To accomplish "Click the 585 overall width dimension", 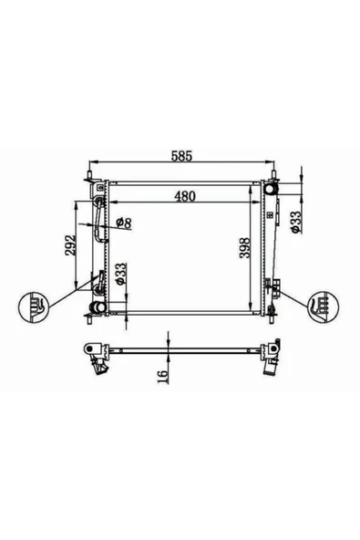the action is [181, 156].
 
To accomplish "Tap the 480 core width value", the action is [185, 196].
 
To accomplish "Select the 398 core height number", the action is [245, 247].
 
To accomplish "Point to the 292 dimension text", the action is [70, 245].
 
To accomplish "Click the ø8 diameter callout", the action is [124, 223].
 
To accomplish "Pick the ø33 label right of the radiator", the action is [295, 222].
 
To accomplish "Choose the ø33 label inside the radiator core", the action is [120, 275].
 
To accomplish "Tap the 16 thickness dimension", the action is [163, 376].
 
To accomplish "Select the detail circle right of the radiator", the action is [324, 307].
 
